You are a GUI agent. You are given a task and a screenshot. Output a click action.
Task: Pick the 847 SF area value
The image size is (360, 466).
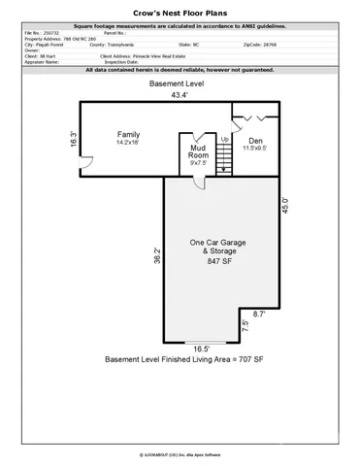pos(218,262)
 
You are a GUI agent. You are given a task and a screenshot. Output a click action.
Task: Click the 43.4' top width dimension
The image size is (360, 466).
pos(178,95)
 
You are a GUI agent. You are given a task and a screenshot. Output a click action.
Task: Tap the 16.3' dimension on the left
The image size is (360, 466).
pos(73,139)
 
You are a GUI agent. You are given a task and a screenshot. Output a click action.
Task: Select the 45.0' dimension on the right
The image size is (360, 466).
pos(285,212)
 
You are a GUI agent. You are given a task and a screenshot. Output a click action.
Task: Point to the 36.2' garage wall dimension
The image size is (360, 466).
pos(156,257)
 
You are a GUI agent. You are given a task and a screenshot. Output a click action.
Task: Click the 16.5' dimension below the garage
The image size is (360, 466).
pos(200,348)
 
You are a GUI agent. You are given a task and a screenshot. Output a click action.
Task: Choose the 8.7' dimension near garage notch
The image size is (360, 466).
pos(259,315)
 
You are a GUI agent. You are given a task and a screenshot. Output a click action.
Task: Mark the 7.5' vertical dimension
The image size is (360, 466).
pos(245,326)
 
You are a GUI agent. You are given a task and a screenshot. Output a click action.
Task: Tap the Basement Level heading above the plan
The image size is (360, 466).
pos(178,85)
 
